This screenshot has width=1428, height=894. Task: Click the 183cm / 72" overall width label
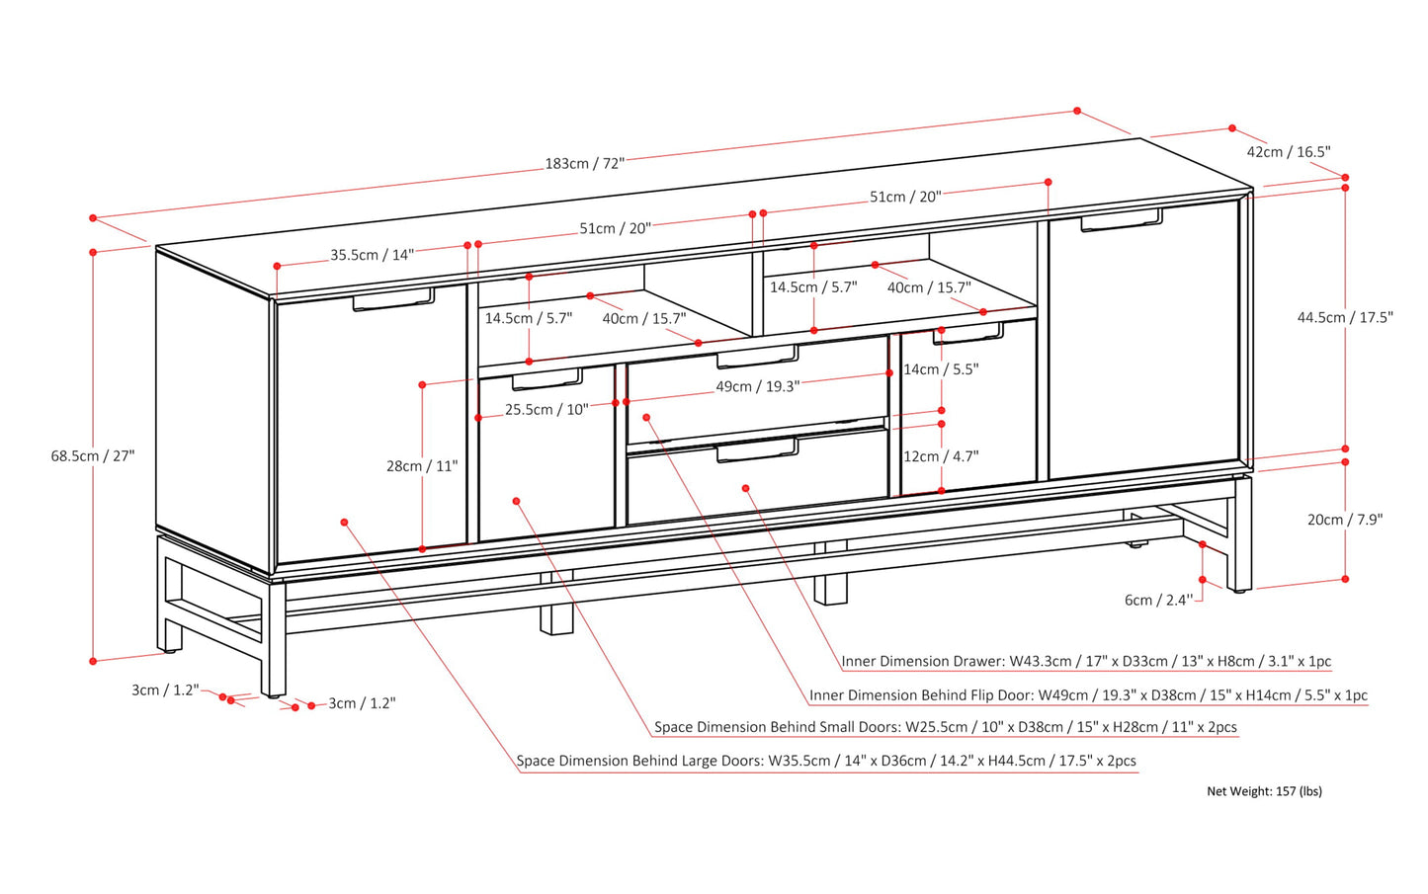[585, 163]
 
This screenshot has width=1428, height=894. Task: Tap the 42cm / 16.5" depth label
[1289, 151]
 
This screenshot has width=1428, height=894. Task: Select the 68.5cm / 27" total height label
[93, 455]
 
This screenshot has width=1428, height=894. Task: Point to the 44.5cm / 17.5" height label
[1345, 317]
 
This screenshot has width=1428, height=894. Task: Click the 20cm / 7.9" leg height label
[1345, 519]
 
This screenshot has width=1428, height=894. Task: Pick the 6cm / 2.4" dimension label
[1157, 600]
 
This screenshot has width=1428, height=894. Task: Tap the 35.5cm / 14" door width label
[372, 255]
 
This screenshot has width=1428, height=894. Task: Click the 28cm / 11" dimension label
[422, 465]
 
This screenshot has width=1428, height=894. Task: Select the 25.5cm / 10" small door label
[546, 409]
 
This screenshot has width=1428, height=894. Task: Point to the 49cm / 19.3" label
[757, 386]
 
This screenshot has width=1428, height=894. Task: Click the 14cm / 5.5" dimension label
[941, 368]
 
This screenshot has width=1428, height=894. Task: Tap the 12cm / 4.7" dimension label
[941, 455]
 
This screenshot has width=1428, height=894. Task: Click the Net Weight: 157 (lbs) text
[1264, 790]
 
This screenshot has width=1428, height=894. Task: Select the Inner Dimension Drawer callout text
[1086, 661]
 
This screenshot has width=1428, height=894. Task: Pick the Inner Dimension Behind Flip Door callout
[1088, 694]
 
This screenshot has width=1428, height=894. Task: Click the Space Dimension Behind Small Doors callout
[945, 727]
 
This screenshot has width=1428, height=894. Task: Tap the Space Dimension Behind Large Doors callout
[826, 761]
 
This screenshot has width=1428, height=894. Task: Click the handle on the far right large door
[1121, 221]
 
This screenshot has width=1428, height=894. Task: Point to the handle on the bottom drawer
[757, 451]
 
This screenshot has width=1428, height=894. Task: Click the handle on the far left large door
[393, 301]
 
